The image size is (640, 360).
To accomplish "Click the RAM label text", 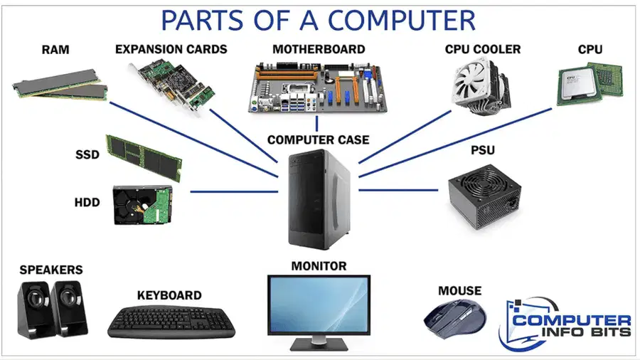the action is click(x=55, y=50).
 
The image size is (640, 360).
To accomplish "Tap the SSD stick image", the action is click(x=144, y=158).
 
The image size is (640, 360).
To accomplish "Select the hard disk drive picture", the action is click(x=142, y=205).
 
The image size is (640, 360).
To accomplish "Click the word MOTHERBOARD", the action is click(x=319, y=49).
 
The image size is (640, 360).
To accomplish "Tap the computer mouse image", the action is click(x=455, y=319).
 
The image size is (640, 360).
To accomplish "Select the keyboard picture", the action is click(x=171, y=322).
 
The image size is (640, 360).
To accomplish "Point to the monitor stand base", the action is click(x=319, y=345).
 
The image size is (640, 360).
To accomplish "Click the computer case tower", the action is click(x=319, y=200).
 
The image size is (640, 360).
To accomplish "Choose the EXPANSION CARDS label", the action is click(x=171, y=49).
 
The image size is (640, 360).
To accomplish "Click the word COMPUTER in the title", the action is click(x=402, y=21).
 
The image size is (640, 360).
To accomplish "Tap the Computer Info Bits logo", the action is click(x=565, y=324).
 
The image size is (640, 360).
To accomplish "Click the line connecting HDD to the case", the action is click(x=234, y=191).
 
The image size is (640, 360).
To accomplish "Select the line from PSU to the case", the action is click(x=398, y=190).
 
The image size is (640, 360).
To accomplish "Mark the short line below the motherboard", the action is click(x=316, y=123).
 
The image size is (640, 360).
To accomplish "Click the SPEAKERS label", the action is click(x=51, y=270).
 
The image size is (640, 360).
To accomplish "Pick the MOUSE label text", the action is click(x=459, y=290).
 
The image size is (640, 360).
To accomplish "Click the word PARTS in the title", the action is click(x=203, y=21).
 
